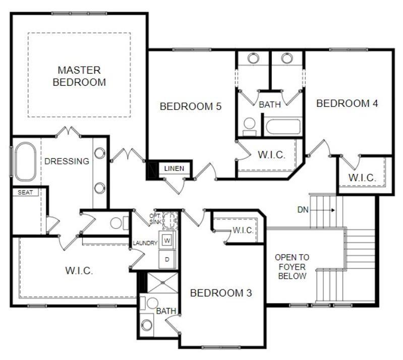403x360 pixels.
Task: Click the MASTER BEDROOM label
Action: pos(79,76)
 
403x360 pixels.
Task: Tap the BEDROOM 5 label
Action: pos(191,106)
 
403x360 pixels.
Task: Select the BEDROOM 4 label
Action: pos(347,103)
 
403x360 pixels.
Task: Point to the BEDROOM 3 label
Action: pos(221,293)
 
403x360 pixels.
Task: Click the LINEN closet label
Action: pos(175,168)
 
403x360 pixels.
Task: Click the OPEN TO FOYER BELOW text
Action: pos(292,267)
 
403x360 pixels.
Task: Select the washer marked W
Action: pos(167,240)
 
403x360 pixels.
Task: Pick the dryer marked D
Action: pos(167,259)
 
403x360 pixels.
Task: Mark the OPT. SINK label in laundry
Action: pos(155,219)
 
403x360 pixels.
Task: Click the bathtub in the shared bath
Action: pos(283,126)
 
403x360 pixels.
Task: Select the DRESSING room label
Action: pos(67,161)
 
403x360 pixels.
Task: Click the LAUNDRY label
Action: pos(145,243)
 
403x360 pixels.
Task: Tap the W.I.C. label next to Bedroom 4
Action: pos(362,177)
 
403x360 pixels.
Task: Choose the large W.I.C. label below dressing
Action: pos(79,270)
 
